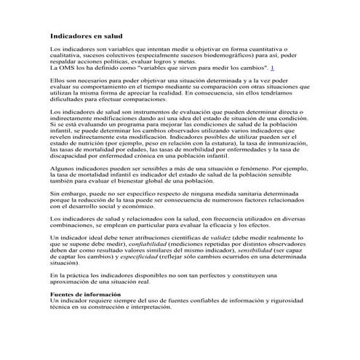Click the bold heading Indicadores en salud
[x=85, y=36]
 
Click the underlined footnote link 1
[x=271, y=66]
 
